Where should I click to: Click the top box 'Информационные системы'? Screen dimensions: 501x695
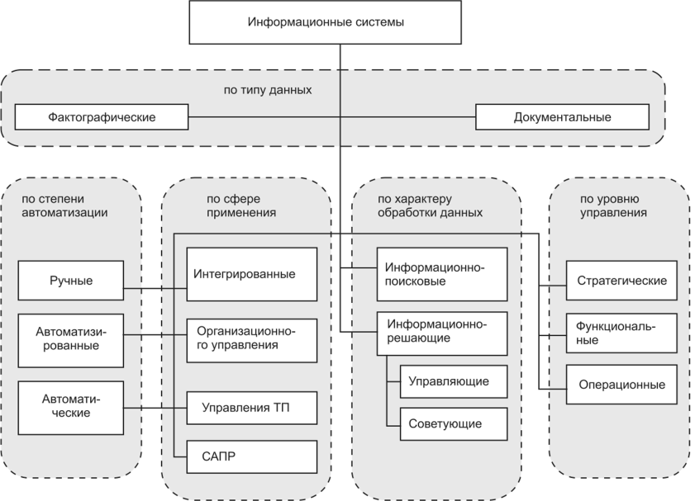(326, 22)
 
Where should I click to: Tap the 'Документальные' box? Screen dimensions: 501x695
(562, 117)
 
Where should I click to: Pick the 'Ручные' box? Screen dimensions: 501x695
(70, 281)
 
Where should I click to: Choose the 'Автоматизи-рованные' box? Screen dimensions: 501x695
(70, 338)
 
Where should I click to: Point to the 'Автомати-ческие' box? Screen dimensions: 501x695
(70, 405)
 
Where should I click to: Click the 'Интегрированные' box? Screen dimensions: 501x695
(250, 274)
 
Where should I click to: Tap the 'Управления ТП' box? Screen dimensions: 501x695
(250, 406)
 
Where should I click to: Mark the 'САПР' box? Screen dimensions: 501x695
(250, 456)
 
